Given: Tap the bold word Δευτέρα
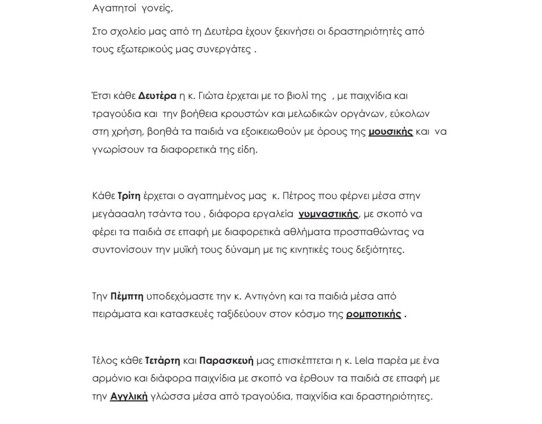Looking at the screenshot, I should tap(157, 96).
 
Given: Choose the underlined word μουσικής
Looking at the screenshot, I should tap(390, 132).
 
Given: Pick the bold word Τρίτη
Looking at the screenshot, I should tap(129, 196).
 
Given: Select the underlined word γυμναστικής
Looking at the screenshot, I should tap(328, 214).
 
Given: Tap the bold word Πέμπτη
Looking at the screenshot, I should tap(127, 296).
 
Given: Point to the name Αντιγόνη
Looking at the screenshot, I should tap(265, 296).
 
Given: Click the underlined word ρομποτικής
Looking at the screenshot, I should tap(373, 314).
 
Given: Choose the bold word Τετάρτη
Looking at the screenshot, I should tap(163, 360).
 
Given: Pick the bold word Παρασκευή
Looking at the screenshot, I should tap(226, 360).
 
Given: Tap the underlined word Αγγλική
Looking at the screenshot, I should tap(129, 397).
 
